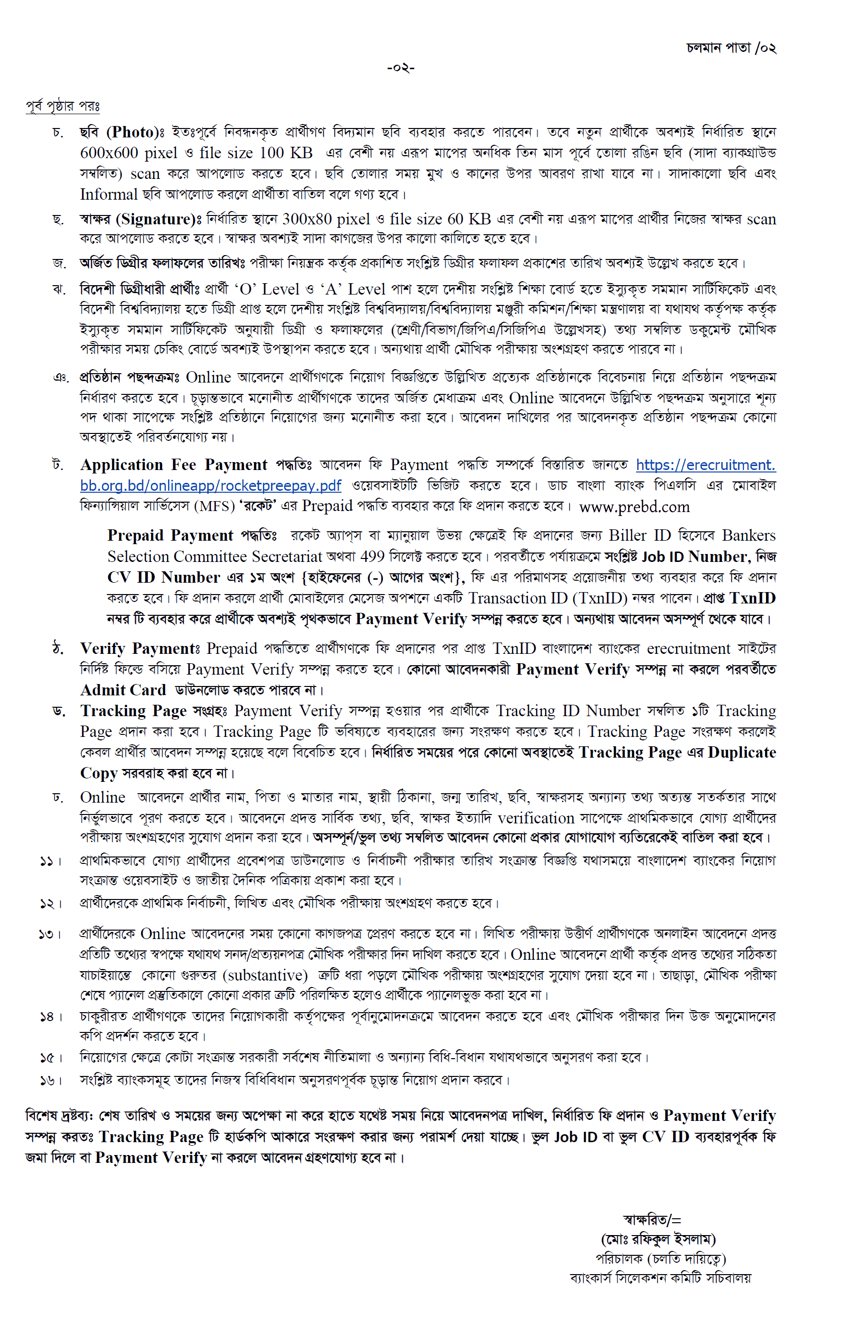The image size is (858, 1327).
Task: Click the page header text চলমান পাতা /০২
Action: pyautogui.click(x=731, y=48)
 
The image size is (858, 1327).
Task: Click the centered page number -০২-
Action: pyautogui.click(x=401, y=68)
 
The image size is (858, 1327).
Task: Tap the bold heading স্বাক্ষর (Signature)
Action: pyautogui.click(x=138, y=219)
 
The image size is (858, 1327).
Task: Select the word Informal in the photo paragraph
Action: pyautogui.click(x=109, y=194)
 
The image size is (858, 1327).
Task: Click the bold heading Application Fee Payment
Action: pyautogui.click(x=174, y=465)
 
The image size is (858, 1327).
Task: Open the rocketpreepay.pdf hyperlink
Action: pyautogui.click(x=211, y=485)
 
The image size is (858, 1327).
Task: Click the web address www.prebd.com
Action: pyautogui.click(x=634, y=507)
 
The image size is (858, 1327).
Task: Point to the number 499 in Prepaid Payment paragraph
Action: pyautogui.click(x=372, y=556)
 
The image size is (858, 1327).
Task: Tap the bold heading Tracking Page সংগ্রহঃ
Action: pyautogui.click(x=153, y=711)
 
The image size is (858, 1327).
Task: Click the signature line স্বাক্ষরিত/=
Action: pyautogui.click(x=652, y=1220)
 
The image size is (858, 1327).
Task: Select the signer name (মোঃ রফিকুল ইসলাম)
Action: pyautogui.click(x=658, y=1239)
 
